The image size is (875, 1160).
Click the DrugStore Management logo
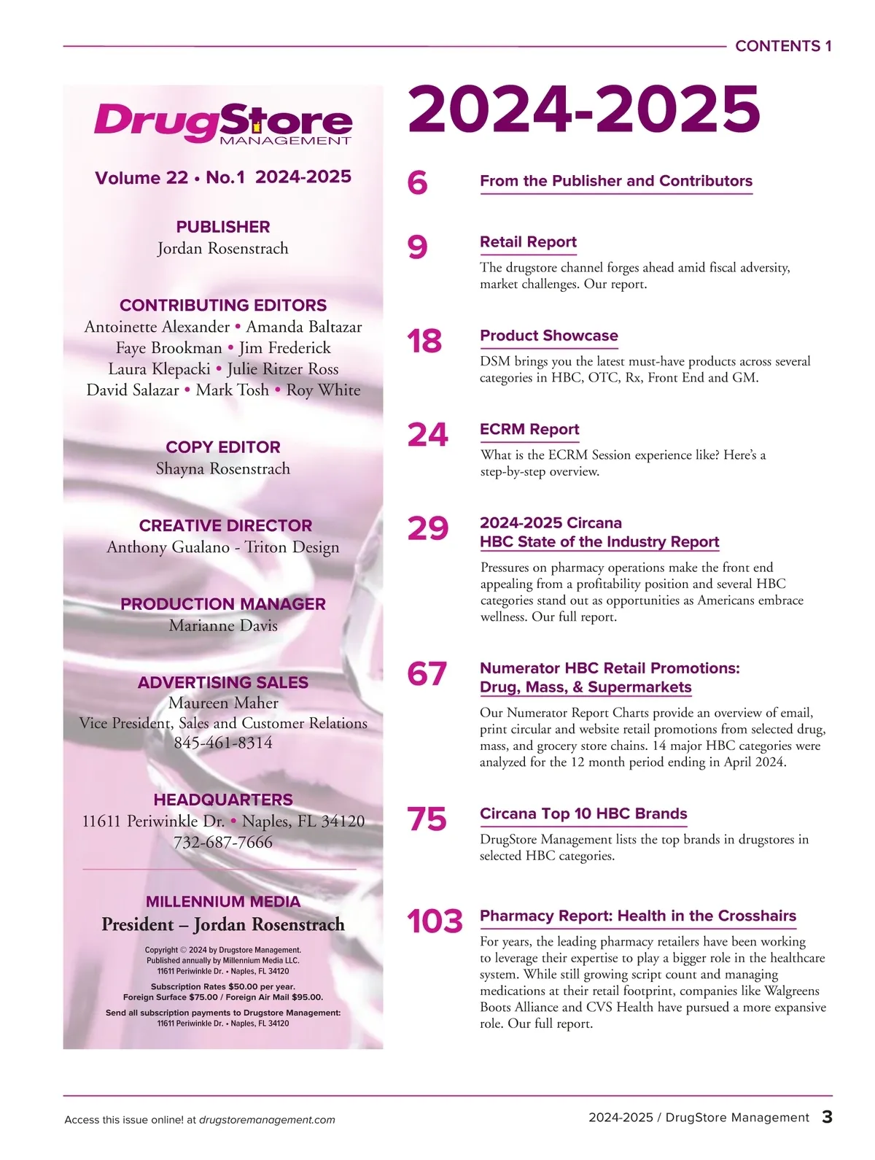pos(223,123)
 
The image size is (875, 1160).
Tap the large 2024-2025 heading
pos(583,110)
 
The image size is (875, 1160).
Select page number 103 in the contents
pos(435,921)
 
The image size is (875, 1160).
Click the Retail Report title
pos(528,242)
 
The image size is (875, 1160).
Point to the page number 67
pos(427,674)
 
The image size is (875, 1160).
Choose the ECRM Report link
pos(529,430)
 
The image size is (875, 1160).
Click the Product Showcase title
pos(548,336)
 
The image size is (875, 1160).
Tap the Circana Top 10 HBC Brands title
pos(583,814)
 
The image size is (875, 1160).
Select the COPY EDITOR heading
pos(223,447)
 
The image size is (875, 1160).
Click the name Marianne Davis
pos(223,625)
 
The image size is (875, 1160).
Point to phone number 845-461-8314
pos(223,743)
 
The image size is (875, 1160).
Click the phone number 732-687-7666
pos(223,842)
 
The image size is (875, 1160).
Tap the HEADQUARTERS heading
pos(223,800)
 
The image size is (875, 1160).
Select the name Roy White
pos(323,390)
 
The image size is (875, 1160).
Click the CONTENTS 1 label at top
pos(783,46)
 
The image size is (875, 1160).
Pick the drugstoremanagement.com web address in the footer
pos(267,1120)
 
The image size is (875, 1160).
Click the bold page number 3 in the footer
pos(827,1117)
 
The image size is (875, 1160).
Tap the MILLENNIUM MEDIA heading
pos(223,902)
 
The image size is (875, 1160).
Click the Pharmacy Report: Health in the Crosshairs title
pos(638,916)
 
